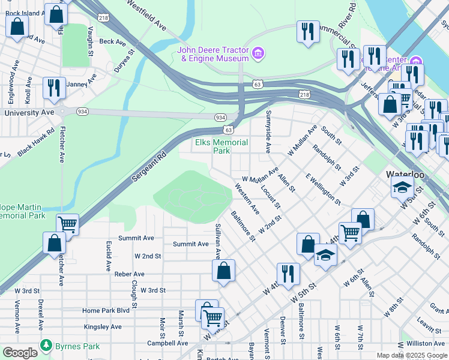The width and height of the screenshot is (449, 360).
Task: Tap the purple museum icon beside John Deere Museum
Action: coord(258,54)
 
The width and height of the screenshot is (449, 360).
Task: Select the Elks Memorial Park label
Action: coord(221,146)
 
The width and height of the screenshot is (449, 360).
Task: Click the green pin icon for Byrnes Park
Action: coord(46,346)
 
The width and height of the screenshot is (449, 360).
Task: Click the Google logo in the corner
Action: coord(19,353)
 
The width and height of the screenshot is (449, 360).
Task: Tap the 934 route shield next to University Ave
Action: coord(82,112)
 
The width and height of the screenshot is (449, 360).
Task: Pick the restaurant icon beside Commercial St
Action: coord(308,32)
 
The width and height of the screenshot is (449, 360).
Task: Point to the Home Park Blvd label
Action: coord(106,310)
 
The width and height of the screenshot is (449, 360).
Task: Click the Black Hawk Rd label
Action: coord(35,142)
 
